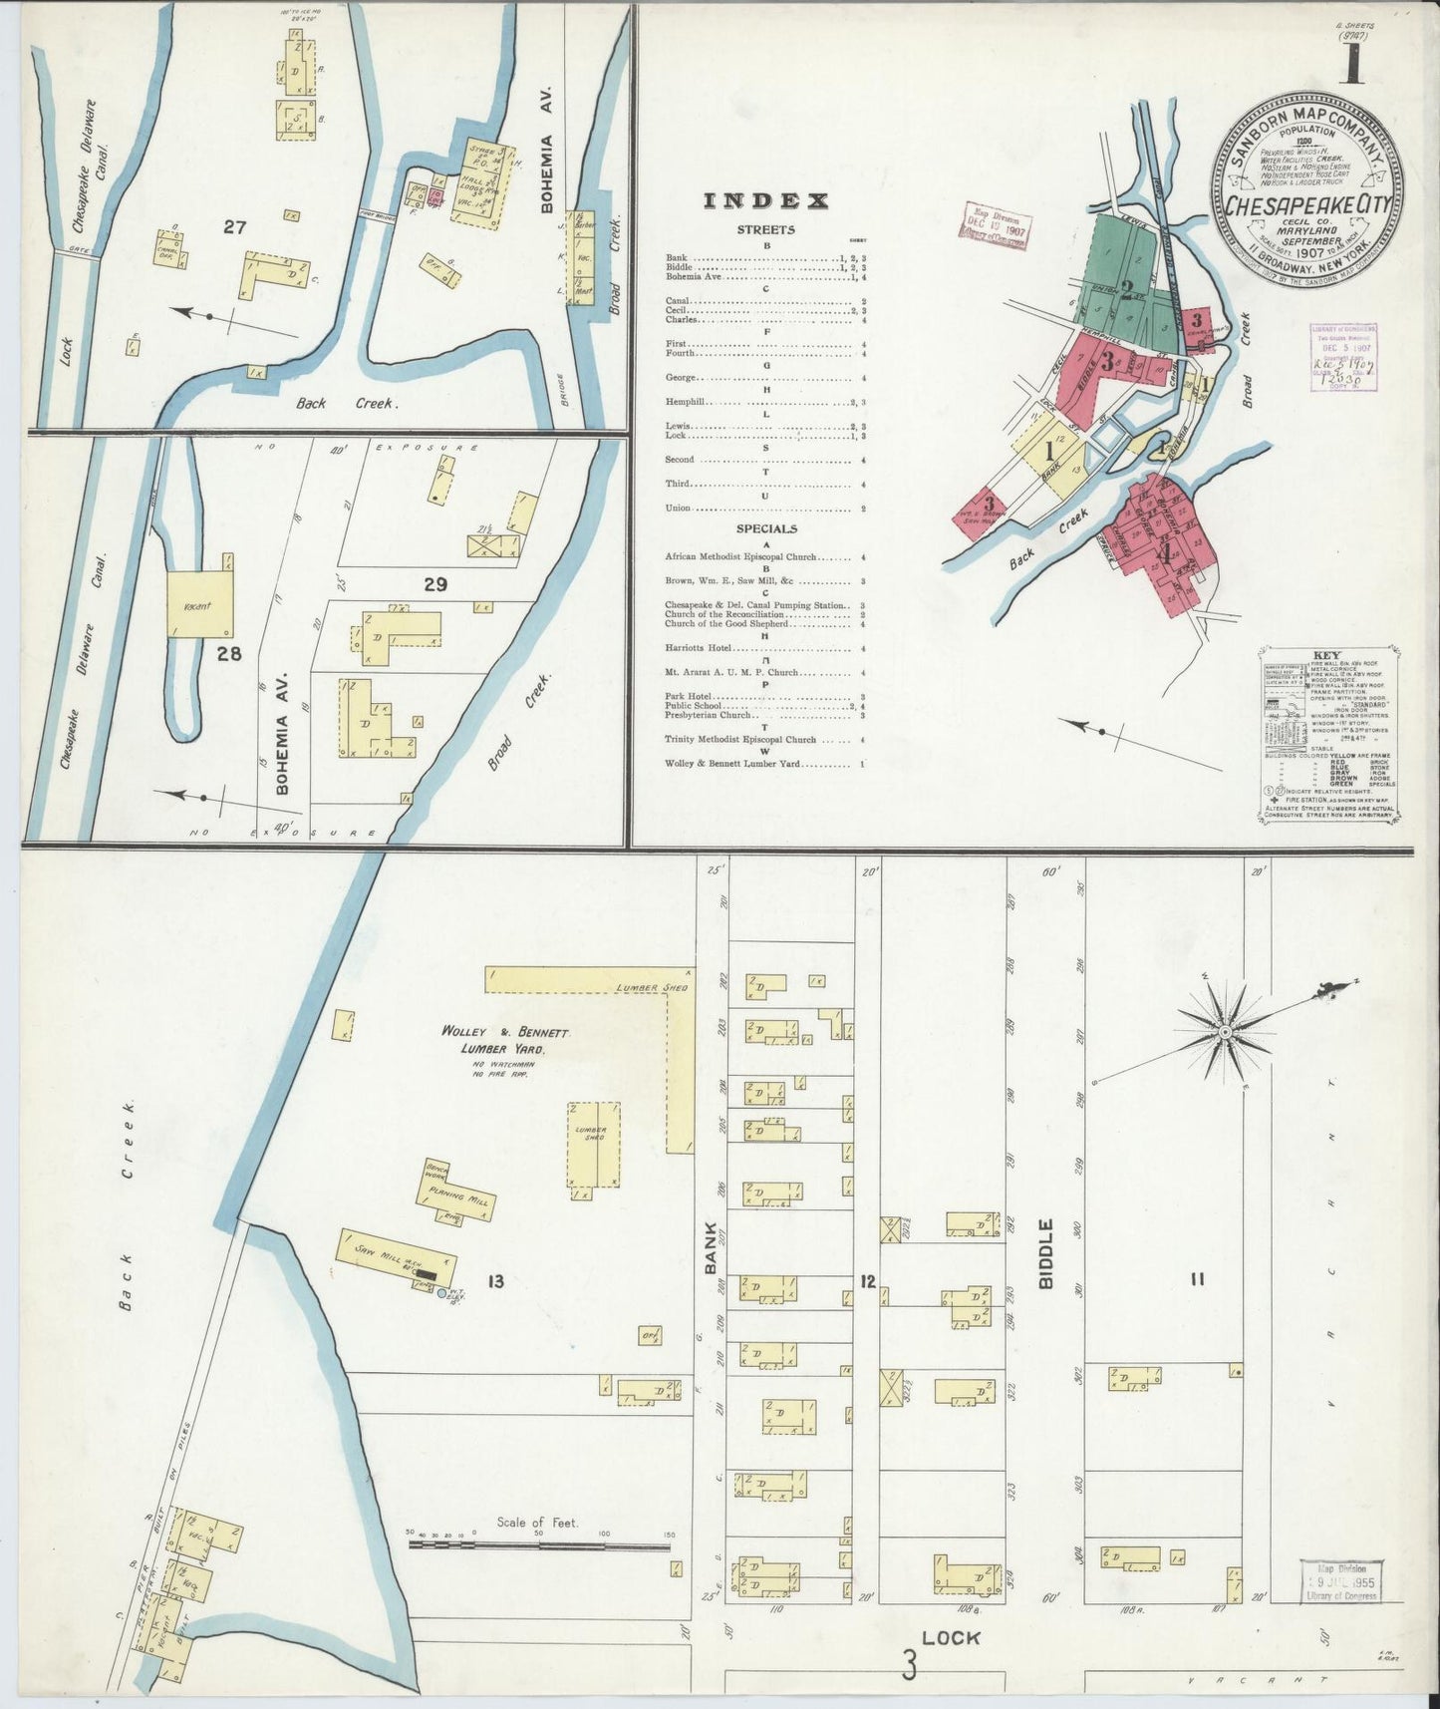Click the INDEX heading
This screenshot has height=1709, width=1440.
[x=765, y=201]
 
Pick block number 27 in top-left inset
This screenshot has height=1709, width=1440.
[x=234, y=227]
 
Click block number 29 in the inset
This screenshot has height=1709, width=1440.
[x=434, y=584]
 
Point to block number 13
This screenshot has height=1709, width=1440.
[x=495, y=1281]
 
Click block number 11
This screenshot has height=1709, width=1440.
[x=1196, y=1279]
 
